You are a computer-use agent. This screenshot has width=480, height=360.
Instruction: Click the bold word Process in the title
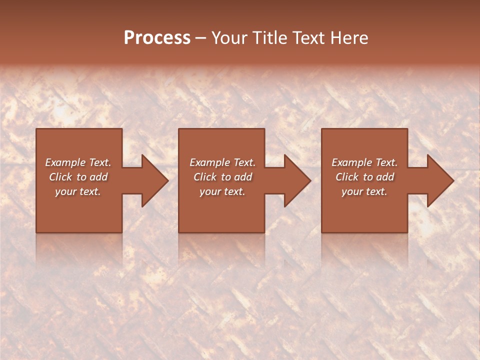tap(157, 38)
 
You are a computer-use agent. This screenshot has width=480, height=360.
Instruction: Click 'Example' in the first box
tap(65, 162)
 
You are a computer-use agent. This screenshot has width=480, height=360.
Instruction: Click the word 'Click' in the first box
tap(61, 177)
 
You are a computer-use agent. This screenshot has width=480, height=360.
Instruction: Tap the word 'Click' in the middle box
tap(205, 177)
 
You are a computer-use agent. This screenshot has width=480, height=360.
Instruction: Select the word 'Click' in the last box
tap(347, 177)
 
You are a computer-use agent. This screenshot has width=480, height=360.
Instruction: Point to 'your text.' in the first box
tap(78, 191)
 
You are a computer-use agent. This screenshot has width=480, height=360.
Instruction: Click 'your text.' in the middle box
tap(222, 191)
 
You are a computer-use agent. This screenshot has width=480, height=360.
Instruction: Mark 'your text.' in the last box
tap(364, 191)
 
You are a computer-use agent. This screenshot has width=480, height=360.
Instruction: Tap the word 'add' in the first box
tap(98, 177)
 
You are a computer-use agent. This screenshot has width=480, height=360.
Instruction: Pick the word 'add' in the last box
tap(385, 177)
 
